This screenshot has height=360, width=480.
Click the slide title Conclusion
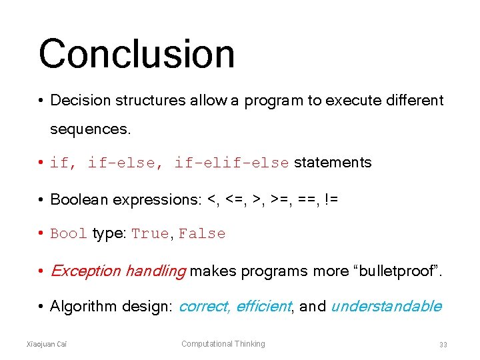click(136, 55)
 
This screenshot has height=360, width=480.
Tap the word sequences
click(90, 129)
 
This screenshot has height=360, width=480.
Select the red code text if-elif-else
click(231, 163)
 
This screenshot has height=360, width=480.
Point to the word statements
click(333, 163)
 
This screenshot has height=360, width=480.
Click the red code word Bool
click(69, 234)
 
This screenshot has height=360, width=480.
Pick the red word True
click(150, 234)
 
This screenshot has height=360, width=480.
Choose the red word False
click(202, 234)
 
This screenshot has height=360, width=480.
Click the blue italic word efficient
click(263, 307)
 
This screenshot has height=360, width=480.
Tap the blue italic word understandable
click(386, 307)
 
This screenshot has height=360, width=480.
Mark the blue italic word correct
click(203, 307)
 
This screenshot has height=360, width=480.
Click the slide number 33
click(443, 345)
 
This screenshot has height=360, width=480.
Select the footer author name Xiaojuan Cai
click(46, 344)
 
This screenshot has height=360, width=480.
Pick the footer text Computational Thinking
click(223, 344)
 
